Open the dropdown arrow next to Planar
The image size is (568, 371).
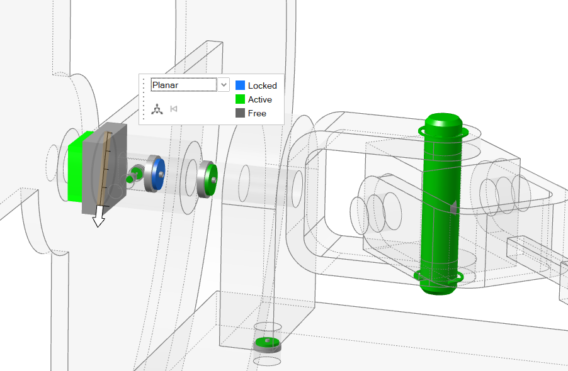[224, 84]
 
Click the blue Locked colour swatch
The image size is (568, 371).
[240, 86]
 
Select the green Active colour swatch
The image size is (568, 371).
[240, 99]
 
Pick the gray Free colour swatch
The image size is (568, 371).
[240, 113]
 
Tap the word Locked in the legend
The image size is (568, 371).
[262, 86]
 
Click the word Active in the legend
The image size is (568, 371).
[260, 99]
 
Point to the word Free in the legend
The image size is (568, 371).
[257, 113]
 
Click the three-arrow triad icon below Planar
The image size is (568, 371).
[157, 109]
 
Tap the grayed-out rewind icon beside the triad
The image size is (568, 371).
[174, 109]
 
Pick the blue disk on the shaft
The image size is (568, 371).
[159, 174]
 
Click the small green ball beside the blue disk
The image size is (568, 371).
[130, 179]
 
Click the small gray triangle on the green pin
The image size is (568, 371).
[452, 206]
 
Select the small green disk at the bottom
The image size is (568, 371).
[267, 343]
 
